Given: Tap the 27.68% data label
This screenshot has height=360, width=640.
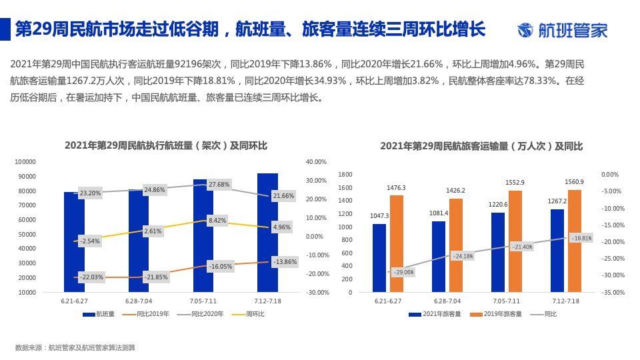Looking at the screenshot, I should (x=219, y=184).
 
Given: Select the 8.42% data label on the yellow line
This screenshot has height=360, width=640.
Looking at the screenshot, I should (x=217, y=220).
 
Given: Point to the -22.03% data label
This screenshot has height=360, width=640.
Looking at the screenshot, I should (x=91, y=277).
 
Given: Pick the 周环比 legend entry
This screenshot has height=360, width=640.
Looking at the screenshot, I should (x=250, y=313).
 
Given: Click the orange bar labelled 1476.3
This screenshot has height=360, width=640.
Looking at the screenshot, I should (x=397, y=243).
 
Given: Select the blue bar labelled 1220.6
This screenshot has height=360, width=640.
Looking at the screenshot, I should (x=497, y=252).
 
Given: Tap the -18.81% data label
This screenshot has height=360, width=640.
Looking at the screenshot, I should (x=581, y=238).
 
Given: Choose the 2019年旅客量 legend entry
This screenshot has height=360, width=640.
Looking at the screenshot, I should (x=497, y=313).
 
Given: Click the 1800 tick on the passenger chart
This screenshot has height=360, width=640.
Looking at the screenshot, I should (x=345, y=175).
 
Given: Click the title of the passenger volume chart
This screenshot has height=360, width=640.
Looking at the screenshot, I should (x=481, y=145).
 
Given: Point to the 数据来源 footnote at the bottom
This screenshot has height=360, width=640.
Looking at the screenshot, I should (x=75, y=347).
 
